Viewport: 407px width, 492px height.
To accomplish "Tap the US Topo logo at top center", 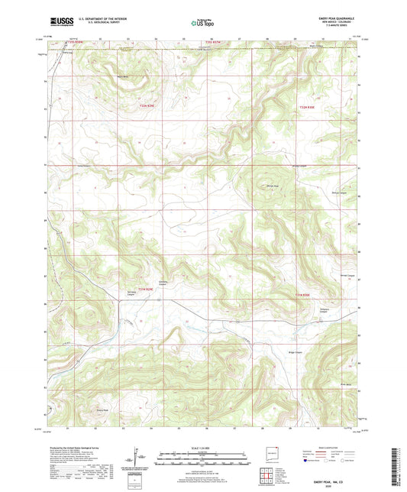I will pyautogui.click(x=201, y=24).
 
